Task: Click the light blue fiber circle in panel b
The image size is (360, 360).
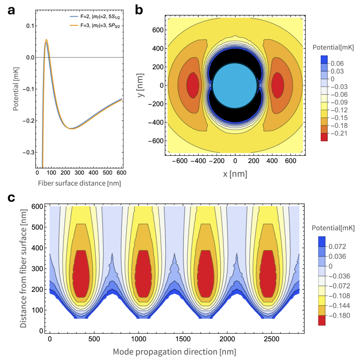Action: pos(234,85)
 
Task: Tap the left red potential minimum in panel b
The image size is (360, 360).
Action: pos(193,85)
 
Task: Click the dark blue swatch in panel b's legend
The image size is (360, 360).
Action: pos(324,59)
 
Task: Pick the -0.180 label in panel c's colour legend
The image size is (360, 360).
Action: pos(344,315)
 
